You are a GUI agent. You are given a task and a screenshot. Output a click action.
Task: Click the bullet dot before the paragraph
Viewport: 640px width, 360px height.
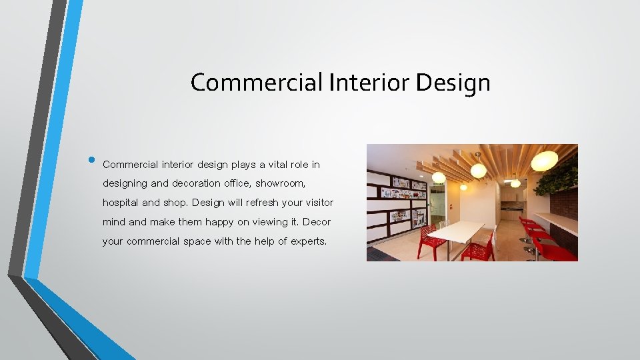(x=91, y=161)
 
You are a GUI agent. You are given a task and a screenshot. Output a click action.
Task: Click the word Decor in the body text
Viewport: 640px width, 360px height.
(x=317, y=221)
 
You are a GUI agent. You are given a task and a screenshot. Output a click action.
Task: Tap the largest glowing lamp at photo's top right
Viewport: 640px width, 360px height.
(x=545, y=161)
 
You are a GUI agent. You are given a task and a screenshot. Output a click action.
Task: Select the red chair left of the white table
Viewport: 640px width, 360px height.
(x=431, y=241)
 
